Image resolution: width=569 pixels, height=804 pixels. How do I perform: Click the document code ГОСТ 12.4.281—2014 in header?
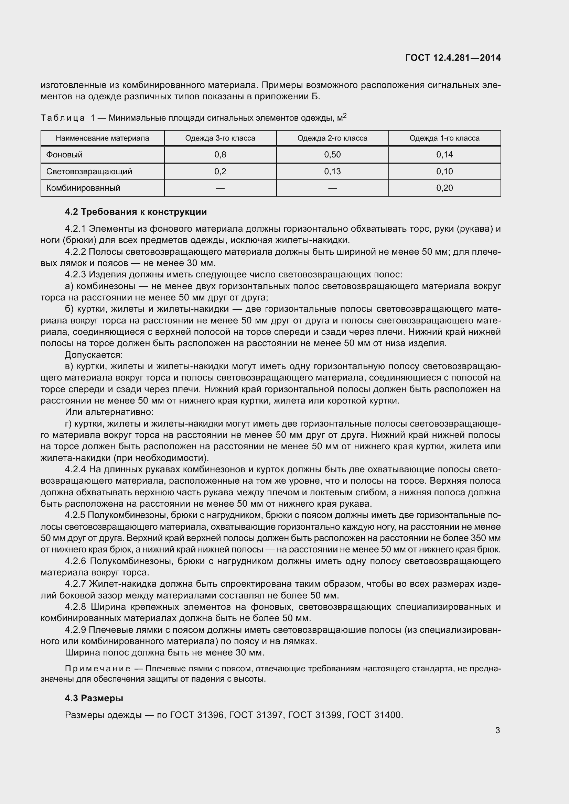tap(453, 58)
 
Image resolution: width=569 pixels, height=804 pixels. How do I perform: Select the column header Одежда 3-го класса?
tap(220, 138)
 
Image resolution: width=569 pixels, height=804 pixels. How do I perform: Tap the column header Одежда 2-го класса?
tap(332, 138)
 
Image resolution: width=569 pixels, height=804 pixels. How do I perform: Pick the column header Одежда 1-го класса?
tap(444, 138)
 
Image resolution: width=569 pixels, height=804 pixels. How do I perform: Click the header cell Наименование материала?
tap(102, 138)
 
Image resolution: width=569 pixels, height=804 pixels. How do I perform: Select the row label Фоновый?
tap(64, 154)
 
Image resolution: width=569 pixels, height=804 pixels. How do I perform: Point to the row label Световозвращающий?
tap(89, 171)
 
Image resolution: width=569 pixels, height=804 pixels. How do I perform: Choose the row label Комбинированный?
tap(83, 188)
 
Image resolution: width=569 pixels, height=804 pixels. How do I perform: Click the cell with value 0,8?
tap(220, 154)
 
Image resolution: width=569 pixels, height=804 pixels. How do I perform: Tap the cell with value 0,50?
tap(332, 154)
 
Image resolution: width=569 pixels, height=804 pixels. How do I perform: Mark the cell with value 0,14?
tap(444, 154)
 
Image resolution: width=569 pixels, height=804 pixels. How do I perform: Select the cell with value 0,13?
tap(332, 171)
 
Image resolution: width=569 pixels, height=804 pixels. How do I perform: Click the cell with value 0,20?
tap(444, 188)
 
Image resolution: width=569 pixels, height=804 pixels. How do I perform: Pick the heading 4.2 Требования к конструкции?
tap(136, 212)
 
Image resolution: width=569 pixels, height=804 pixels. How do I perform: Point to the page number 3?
tap(497, 730)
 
